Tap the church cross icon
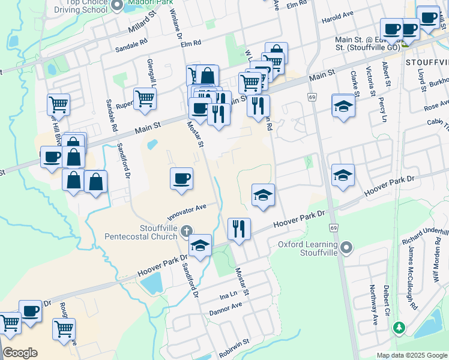point(187,231)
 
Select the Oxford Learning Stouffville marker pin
point(346,248)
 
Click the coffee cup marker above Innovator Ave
point(182,178)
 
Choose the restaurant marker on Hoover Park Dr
point(239,229)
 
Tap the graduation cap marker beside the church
point(200,245)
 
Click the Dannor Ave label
point(225,304)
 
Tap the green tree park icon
point(398,328)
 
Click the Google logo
point(20,352)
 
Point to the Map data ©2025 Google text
point(411,355)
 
